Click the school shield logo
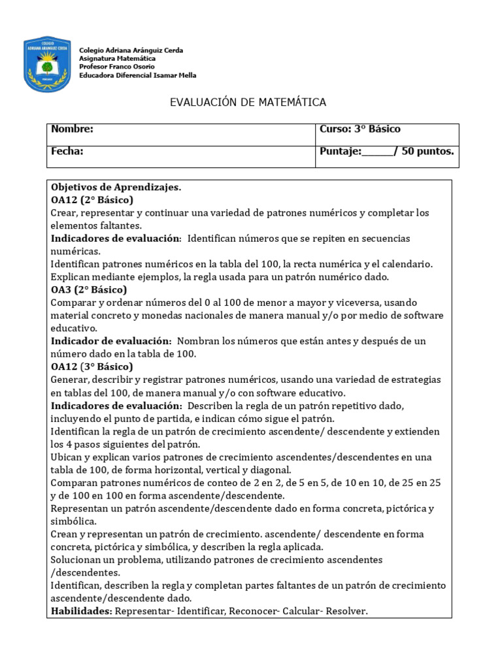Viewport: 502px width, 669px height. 46,63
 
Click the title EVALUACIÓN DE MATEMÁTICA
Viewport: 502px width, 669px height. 248,102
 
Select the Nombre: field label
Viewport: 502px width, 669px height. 72,129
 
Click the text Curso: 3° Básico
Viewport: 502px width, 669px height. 360,129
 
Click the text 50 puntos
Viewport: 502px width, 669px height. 427,152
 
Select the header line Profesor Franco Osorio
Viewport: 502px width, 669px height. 117,67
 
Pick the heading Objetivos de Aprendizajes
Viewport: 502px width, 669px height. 116,188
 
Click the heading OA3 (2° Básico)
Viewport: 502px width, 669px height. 88,289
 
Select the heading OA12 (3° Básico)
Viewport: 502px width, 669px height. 92,367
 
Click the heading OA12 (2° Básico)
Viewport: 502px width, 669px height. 92,200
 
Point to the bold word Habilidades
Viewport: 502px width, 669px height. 81,612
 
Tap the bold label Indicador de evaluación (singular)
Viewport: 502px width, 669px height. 110,341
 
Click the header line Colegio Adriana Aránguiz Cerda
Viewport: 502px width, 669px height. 131,50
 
